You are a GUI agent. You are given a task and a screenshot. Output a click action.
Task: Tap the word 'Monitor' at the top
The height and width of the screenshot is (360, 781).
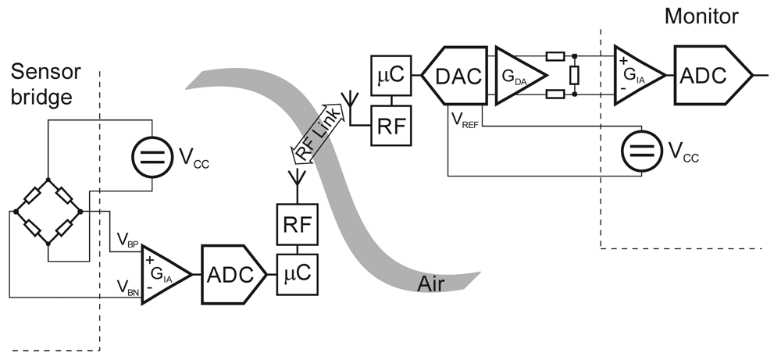(x=701, y=16)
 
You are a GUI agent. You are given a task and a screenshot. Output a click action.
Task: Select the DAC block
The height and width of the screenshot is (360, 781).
(x=456, y=76)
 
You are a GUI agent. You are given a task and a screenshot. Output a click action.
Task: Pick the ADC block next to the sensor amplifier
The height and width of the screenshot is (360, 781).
(x=233, y=274)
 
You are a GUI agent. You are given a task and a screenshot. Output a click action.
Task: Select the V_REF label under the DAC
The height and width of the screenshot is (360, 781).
(x=464, y=119)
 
